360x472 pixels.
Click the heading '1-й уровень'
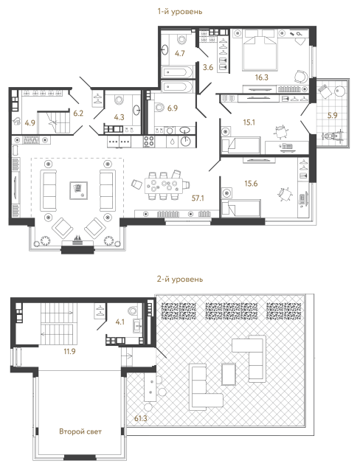tap(179, 12)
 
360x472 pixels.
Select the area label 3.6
tap(208, 68)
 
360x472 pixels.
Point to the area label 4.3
tap(118, 114)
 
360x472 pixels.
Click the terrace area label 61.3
tap(139, 420)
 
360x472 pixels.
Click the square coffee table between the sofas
tap(76, 190)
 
